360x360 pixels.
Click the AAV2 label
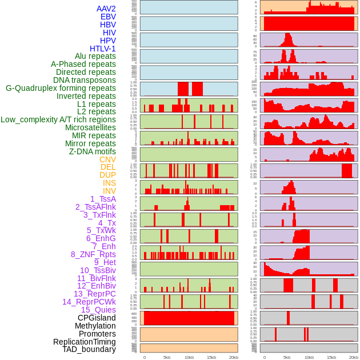point(106,9)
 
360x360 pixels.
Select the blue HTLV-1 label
point(102,49)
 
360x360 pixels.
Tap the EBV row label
point(107,17)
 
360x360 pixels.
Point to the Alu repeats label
point(95,57)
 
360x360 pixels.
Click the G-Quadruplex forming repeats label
point(61,88)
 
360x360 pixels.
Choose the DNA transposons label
point(84,80)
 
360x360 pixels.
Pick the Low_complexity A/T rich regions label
point(58,119)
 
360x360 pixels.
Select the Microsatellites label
point(90,127)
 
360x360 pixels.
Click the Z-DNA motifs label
point(92,151)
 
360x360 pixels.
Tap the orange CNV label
point(107,159)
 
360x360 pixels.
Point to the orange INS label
point(109,183)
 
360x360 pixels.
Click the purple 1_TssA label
point(103,199)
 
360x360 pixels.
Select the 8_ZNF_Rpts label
point(93,254)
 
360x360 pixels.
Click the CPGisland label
point(97,318)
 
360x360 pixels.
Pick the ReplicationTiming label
point(84,342)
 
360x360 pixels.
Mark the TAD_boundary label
point(89,349)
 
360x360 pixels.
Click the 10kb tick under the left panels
point(189,358)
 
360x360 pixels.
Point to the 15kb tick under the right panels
point(331,358)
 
